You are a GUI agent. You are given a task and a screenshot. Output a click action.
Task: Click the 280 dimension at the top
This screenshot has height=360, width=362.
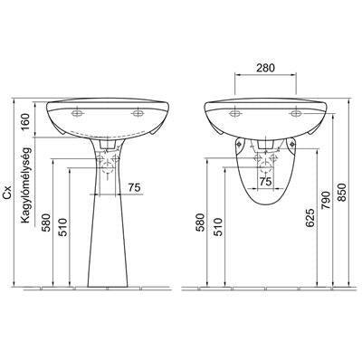[266, 68]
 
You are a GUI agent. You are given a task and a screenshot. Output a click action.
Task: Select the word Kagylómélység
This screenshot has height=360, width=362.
[25, 185]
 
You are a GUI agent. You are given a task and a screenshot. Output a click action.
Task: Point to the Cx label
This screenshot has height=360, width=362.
[7, 192]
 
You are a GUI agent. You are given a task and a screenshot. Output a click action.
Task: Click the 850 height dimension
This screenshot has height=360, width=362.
[341, 192]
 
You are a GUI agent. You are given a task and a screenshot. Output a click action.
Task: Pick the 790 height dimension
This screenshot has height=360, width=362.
[326, 200]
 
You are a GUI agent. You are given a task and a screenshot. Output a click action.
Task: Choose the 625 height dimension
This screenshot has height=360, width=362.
[310, 218]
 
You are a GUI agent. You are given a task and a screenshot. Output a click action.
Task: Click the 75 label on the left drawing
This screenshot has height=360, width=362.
[135, 187]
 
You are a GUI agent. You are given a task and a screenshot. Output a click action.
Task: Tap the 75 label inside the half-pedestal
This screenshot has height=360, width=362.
[265, 182]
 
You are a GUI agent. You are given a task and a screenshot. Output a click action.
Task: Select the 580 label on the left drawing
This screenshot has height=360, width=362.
[45, 223]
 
